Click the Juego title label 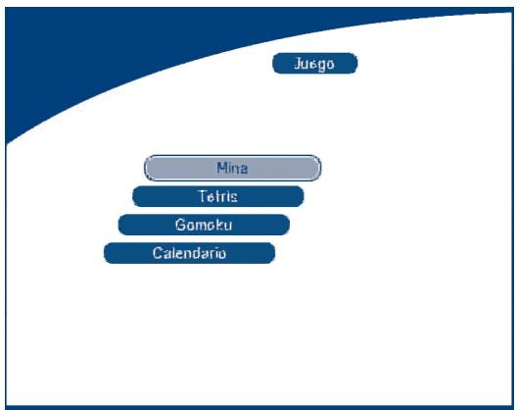[315, 63]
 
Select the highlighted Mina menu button [232, 168]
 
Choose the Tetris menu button [218, 196]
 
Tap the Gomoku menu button [204, 225]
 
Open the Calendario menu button [189, 253]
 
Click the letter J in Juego [298, 63]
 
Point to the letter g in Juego [321, 65]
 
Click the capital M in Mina [222, 168]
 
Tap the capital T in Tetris [202, 196]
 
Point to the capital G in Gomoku [180, 225]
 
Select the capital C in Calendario [158, 253]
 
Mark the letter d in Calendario [202, 253]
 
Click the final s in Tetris [234, 197]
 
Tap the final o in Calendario [222, 254]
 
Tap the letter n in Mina [235, 169]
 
